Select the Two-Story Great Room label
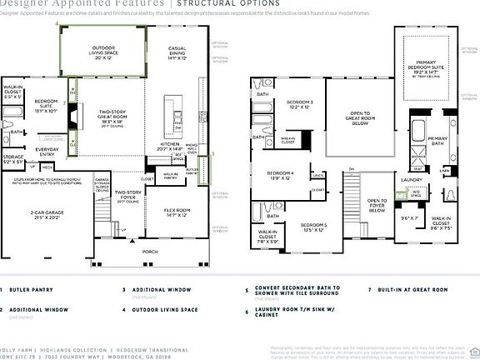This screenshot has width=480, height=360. [116, 117]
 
